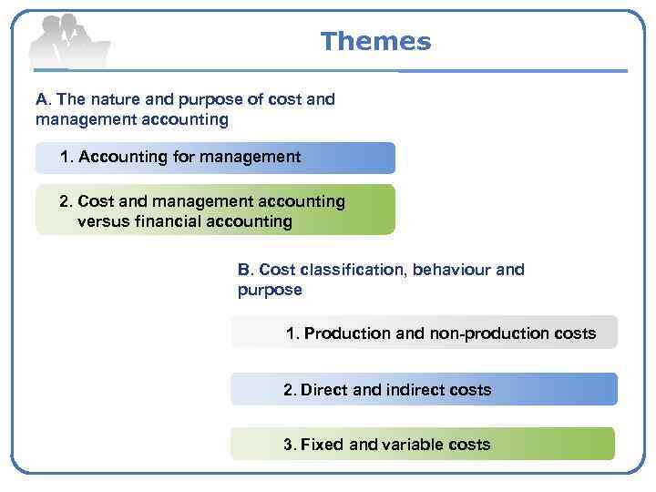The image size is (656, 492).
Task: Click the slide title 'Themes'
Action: point(375,42)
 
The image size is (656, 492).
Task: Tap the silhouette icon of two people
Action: point(68,43)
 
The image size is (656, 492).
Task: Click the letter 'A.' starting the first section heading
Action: point(43,99)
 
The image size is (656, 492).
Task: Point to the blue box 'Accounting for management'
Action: point(215,158)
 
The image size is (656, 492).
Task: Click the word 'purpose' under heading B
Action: point(269,290)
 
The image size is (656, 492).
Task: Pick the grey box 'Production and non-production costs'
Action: point(424,333)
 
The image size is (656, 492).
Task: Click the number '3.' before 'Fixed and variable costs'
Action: point(290,445)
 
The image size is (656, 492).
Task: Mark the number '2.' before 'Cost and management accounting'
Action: point(66,201)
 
